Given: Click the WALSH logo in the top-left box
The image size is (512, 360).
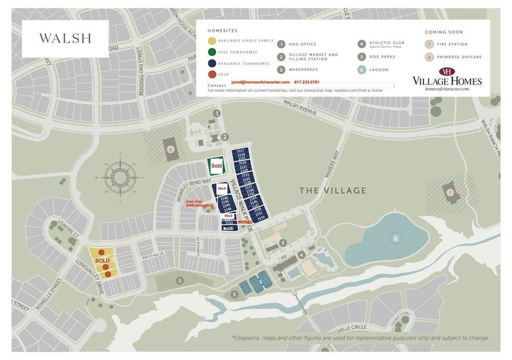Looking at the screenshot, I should [65, 38].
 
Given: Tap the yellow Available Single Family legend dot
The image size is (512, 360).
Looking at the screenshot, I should [212, 41].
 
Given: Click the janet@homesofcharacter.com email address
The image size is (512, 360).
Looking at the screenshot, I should [261, 82].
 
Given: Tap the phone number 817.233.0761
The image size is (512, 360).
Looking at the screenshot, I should [307, 82].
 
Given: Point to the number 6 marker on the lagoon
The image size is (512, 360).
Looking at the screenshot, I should [396, 238].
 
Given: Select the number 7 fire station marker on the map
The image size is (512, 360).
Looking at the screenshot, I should [450, 192].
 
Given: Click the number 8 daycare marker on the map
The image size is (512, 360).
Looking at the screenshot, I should [170, 149].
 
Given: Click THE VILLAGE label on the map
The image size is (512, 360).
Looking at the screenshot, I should [333, 191].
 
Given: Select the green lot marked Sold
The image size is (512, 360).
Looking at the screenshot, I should [216, 166].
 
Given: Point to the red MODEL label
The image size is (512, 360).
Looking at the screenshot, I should [244, 221].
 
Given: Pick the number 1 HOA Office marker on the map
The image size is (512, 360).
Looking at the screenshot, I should [217, 113].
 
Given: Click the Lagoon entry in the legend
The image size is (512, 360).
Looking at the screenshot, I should [379, 70].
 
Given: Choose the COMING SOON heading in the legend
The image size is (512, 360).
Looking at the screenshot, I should [444, 32].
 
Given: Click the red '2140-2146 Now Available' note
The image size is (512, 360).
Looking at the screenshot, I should [199, 204].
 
